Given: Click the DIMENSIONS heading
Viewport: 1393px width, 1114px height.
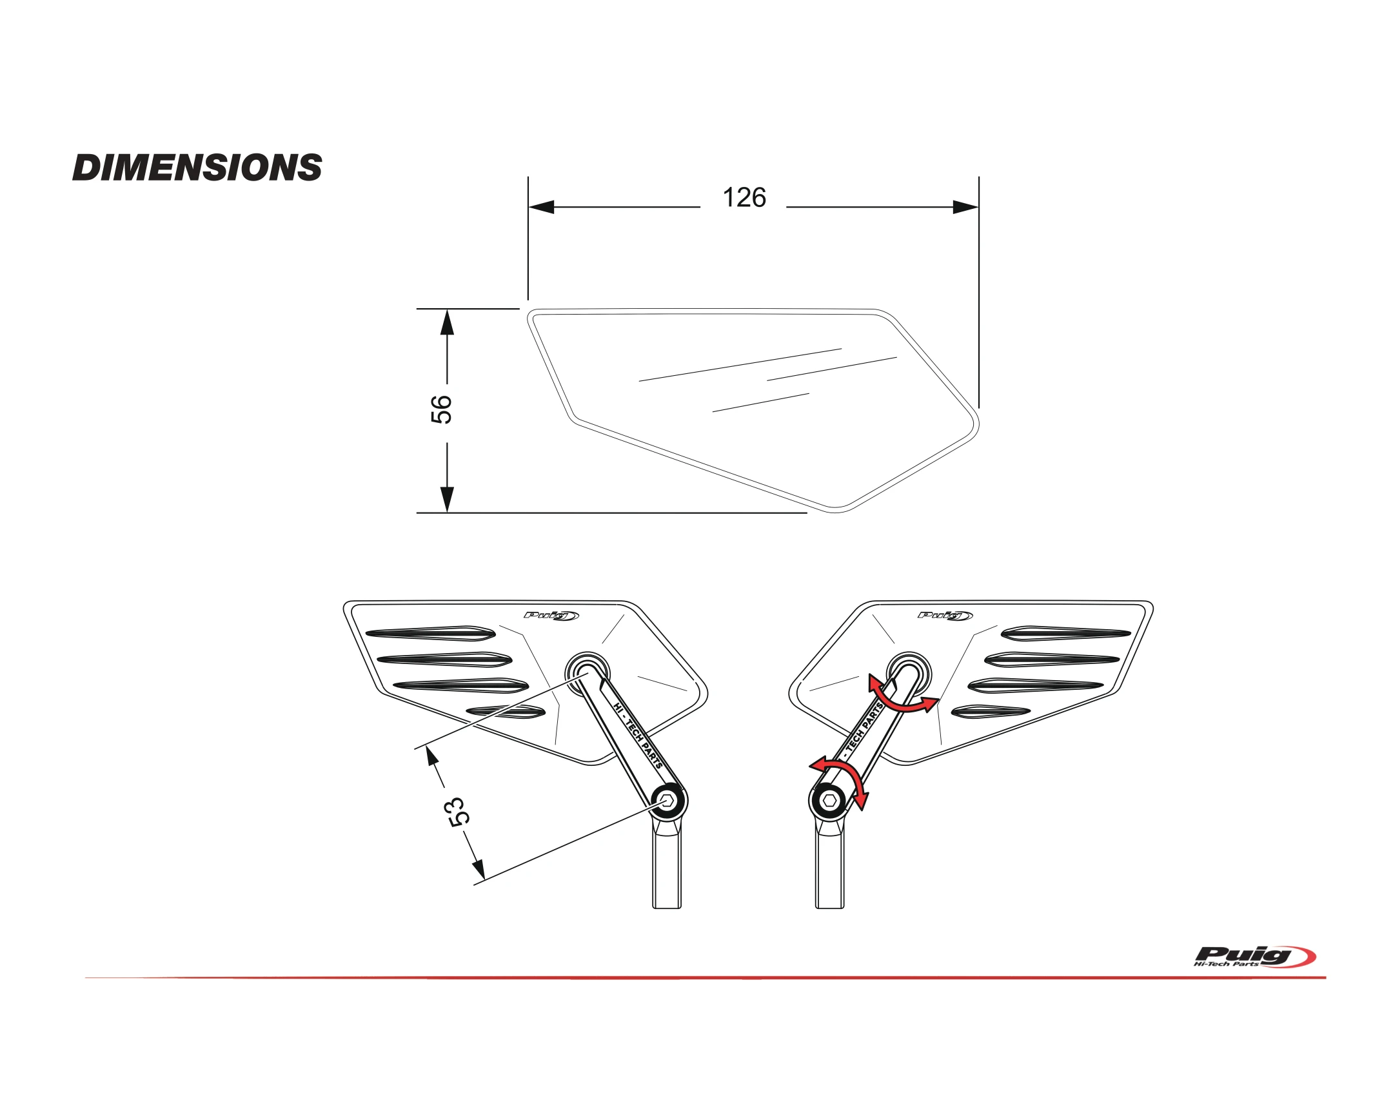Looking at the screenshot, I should coord(197,167).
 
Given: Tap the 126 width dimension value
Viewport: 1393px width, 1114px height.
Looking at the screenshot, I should coord(744,198).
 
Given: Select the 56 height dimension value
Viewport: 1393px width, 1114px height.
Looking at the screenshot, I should coord(441,409).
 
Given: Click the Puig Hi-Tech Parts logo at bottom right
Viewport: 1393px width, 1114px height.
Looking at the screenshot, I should coord(1254,957).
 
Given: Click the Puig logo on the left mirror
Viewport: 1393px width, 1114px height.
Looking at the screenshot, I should coord(551,615).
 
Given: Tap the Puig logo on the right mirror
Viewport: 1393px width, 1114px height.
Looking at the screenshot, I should coord(945,615).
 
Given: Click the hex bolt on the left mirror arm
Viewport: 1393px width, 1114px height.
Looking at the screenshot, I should coord(668,801).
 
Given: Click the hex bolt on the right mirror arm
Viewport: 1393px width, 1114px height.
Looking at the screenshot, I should coord(830,801).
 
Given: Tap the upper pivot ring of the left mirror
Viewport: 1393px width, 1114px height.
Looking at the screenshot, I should coord(587,672).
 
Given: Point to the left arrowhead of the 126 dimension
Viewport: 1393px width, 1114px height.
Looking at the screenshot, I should coord(542,208).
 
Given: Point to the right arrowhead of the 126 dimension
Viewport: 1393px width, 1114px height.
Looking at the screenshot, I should coord(965,208).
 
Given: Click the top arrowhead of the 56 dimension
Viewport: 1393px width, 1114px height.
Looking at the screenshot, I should coord(447,323).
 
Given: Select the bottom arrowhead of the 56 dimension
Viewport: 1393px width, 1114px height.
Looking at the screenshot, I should coord(447,498).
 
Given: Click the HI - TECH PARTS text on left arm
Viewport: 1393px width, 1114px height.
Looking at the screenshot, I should coord(638,736).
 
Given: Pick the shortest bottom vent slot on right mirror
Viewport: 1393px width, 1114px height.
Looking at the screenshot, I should coord(990,711).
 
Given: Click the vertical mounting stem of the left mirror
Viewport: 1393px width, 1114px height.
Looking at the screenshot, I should coord(667,868).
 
